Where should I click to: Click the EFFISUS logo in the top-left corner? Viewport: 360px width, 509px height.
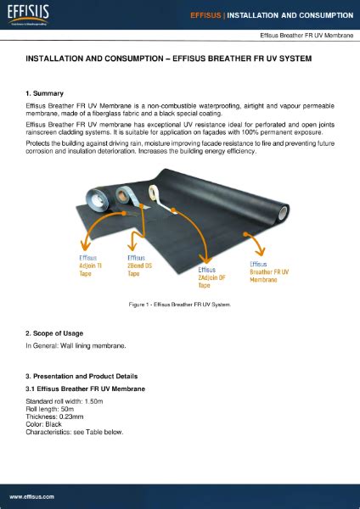(x=27, y=14)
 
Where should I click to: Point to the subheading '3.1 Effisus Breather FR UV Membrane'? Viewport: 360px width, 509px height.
(x=85, y=389)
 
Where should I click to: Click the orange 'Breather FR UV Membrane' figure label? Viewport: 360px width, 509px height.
(x=269, y=271)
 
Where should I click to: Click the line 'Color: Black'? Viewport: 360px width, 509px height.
(x=45, y=424)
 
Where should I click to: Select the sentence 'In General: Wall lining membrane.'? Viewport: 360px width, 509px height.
(x=76, y=346)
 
